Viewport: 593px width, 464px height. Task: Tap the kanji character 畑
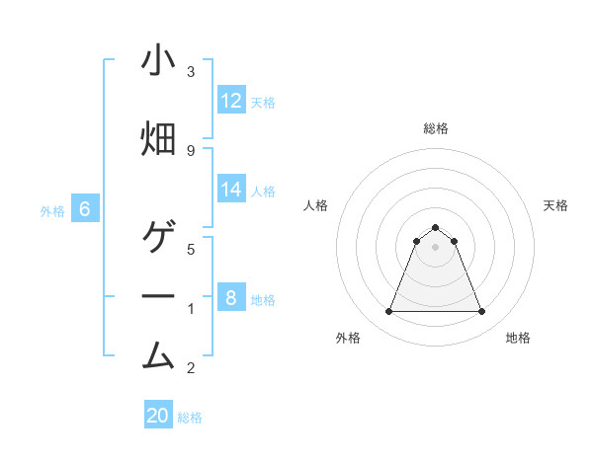(x=158, y=138)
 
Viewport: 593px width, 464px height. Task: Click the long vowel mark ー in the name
(x=158, y=296)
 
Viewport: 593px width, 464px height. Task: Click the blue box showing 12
(x=231, y=101)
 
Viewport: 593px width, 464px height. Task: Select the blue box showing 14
(x=231, y=190)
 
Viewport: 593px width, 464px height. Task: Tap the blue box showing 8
(x=231, y=298)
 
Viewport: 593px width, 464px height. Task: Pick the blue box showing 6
(x=85, y=209)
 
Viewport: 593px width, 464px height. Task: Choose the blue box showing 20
(x=158, y=416)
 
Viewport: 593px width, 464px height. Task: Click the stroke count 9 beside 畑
(x=191, y=150)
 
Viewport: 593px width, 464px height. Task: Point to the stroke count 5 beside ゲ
(x=191, y=250)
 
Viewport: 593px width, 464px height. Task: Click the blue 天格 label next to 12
(x=263, y=102)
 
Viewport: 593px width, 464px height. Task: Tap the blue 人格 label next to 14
(x=263, y=191)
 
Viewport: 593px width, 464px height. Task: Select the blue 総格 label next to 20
(x=190, y=418)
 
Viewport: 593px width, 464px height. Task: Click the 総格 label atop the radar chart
(x=435, y=128)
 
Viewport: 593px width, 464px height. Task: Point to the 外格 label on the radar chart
(x=348, y=338)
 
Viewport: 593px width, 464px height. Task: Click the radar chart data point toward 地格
(x=481, y=312)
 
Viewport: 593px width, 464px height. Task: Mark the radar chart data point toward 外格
(x=388, y=312)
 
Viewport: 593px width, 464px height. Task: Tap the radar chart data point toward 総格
(x=435, y=227)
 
